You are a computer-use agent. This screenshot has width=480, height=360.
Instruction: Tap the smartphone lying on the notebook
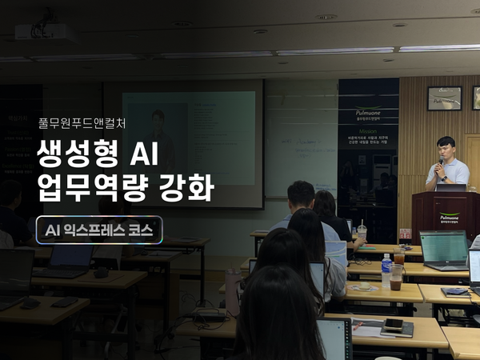(394, 324)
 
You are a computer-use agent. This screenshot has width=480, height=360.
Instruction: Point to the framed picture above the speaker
(444, 98)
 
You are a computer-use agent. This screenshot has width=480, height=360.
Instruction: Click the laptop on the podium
(450, 187)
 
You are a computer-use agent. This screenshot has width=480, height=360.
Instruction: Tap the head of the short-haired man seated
(300, 193)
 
